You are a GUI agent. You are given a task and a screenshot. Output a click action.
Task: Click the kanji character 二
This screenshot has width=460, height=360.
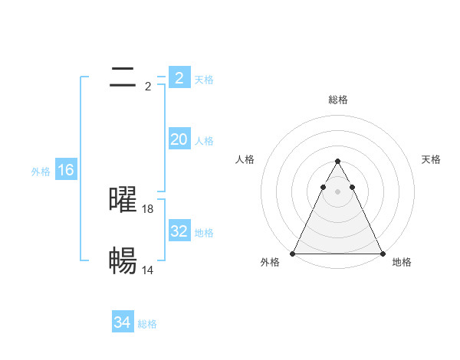(123, 77)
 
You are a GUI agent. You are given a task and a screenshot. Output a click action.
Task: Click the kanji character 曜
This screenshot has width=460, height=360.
(123, 200)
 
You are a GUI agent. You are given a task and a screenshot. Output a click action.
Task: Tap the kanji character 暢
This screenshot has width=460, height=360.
(123, 261)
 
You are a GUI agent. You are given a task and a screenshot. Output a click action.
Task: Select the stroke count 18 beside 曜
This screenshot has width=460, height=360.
(148, 209)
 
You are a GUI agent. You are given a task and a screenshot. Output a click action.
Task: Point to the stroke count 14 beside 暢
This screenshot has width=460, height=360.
(148, 270)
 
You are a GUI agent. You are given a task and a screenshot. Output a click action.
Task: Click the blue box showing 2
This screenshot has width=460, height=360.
(179, 78)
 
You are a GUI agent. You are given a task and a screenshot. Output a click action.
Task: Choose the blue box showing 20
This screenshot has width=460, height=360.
(179, 139)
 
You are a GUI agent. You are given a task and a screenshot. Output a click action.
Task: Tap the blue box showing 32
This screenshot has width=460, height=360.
(179, 231)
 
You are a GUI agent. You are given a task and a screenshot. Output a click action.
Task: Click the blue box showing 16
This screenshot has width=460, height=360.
(66, 170)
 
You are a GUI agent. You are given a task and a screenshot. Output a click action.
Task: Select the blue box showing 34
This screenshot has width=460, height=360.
(122, 322)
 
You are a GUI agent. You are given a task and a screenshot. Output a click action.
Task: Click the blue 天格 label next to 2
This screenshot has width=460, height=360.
(204, 80)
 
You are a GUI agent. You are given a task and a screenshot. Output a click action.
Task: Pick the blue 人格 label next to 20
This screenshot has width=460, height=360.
(204, 141)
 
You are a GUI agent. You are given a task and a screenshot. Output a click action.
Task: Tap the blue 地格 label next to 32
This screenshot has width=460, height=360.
(204, 233)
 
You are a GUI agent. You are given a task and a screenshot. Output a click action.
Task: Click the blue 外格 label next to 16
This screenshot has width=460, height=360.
(41, 172)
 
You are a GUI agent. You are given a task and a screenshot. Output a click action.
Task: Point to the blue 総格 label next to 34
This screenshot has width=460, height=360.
(147, 325)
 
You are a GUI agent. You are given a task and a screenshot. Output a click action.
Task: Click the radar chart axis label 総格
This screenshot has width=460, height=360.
(337, 100)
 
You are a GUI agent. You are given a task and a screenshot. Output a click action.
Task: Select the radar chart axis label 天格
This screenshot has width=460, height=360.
(432, 159)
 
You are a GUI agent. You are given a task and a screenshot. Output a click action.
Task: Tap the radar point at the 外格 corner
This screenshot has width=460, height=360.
(293, 254)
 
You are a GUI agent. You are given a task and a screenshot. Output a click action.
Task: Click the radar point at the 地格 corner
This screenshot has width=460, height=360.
(382, 254)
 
